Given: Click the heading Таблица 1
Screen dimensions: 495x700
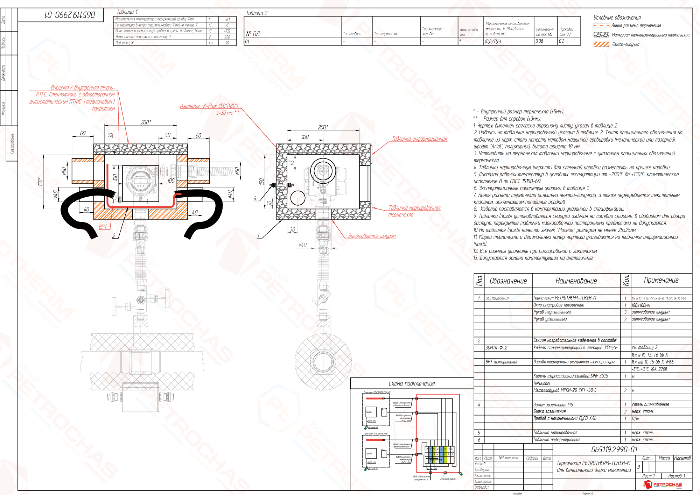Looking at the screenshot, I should [x=127, y=12].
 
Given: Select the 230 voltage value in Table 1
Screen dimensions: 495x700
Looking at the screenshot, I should [x=227, y=37].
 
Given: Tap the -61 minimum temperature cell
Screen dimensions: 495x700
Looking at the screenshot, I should [x=227, y=20].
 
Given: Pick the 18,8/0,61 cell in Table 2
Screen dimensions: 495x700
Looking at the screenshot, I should [x=493, y=41].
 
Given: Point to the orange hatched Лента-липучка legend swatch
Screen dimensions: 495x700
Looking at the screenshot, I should [x=601, y=44].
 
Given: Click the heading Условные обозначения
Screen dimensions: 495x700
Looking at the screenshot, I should [x=617, y=17].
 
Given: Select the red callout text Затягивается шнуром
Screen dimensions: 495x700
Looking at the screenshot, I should [x=372, y=236].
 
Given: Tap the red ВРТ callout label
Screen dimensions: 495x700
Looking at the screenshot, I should [x=103, y=227].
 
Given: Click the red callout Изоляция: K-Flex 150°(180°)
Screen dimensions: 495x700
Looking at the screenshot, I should [x=209, y=106].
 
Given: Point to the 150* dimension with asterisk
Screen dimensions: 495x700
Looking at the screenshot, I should [x=40, y=182].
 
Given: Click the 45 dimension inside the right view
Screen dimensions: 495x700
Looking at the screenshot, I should [x=292, y=163].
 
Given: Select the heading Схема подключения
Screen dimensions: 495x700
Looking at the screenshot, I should [x=412, y=384].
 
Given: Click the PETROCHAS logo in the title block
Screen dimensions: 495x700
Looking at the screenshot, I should [x=663, y=485].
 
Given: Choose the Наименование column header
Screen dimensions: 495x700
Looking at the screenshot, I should [x=576, y=281].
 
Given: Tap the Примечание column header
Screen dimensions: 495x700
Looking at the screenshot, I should [x=661, y=280].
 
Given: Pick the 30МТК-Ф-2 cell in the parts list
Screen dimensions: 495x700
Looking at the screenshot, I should [x=496, y=348].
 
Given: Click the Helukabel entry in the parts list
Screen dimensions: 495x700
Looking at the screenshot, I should [x=542, y=383].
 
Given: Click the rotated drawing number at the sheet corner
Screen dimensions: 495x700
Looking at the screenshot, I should [x=70, y=15].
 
